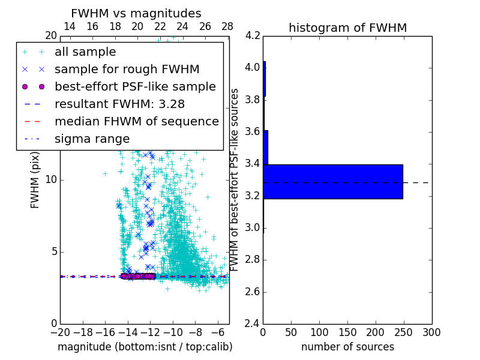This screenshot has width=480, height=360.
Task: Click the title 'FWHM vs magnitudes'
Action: (x=136, y=14)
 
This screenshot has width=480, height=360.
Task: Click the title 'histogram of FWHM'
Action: (x=347, y=28)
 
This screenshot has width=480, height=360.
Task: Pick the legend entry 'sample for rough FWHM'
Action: (x=127, y=70)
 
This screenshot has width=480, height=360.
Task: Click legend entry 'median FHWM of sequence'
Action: (x=136, y=122)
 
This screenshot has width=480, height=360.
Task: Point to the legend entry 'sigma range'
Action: (x=92, y=139)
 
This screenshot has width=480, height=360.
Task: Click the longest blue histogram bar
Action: (x=333, y=181)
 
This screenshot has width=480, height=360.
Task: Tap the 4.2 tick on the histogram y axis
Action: (x=253, y=35)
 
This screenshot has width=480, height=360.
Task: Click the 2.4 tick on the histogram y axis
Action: (x=253, y=324)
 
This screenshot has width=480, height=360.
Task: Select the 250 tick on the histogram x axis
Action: (x=404, y=332)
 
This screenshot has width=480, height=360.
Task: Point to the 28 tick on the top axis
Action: (x=227, y=26)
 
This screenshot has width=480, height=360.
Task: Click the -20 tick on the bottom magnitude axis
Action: (x=60, y=332)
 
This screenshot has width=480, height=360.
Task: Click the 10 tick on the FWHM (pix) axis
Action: (x=51, y=180)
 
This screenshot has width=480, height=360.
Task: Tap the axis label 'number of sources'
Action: (x=347, y=347)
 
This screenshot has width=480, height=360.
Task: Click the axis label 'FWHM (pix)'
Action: (x=35, y=180)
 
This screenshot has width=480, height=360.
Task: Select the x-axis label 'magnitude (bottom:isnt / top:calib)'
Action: (x=145, y=347)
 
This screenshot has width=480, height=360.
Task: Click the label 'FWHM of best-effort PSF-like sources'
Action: (x=235, y=180)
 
